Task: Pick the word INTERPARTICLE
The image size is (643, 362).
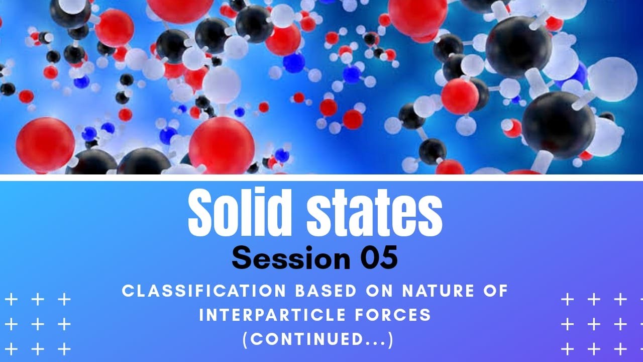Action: tap(268, 315)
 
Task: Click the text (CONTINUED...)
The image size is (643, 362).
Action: tap(317, 339)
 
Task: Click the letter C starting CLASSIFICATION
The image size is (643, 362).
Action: tap(127, 291)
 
